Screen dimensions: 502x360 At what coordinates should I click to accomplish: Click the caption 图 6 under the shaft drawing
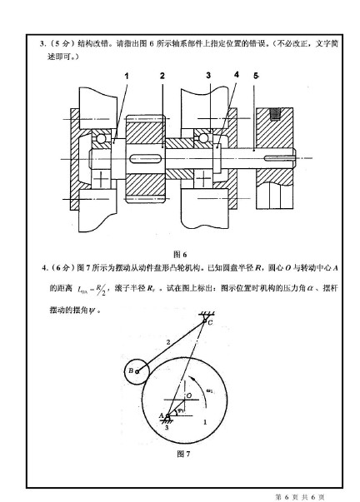pos(179,253)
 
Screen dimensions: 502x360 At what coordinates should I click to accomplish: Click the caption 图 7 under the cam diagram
pos(184,455)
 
